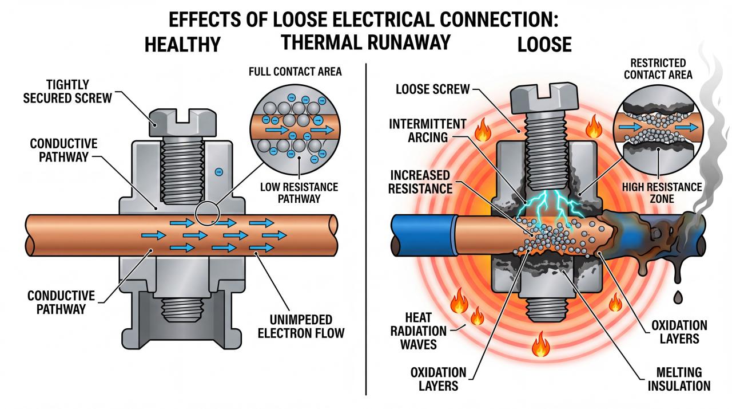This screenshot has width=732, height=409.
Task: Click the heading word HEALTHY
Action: (182, 44)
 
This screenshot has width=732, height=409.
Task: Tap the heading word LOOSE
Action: (544, 45)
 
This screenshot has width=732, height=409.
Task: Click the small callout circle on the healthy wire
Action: (206, 213)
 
